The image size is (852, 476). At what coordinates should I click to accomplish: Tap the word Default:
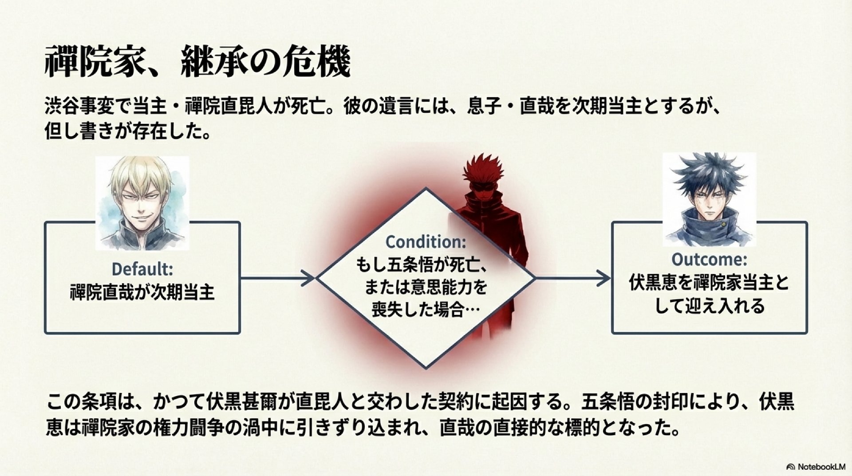(x=142, y=269)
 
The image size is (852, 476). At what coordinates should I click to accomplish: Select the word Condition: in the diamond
(x=426, y=242)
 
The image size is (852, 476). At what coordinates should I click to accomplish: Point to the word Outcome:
(x=709, y=259)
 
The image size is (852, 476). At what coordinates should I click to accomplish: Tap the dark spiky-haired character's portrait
(x=709, y=200)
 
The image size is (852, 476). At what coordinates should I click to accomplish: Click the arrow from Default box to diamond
(x=277, y=278)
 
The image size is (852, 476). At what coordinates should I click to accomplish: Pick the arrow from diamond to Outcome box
(x=572, y=278)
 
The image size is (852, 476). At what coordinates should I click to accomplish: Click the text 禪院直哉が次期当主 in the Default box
(x=142, y=293)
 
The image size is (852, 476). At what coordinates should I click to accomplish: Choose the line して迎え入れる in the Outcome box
(x=709, y=306)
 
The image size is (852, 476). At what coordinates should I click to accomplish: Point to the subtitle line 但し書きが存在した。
(x=128, y=132)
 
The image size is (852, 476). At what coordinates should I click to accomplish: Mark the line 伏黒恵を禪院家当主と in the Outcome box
(x=709, y=283)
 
